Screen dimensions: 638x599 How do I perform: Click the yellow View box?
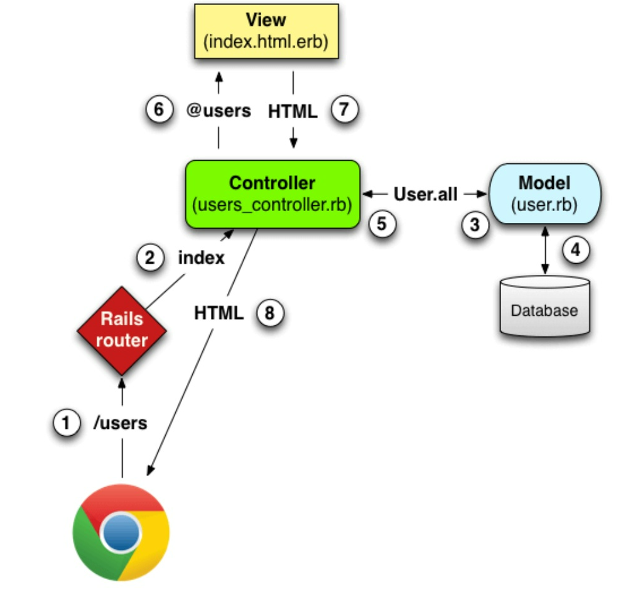[266, 31]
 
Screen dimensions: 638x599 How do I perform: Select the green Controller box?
[273, 194]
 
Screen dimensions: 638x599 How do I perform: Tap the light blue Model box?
[545, 193]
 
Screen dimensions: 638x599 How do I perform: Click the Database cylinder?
[545, 306]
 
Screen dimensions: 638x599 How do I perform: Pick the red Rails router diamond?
[122, 331]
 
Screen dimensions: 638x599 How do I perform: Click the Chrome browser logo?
[121, 532]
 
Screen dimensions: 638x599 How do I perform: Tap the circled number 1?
[67, 423]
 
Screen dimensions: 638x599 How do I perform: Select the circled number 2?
[150, 257]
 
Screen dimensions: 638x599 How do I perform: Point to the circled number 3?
[475, 225]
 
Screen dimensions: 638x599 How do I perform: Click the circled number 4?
[576, 250]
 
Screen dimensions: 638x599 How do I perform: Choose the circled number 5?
[382, 224]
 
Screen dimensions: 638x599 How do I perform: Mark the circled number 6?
[159, 109]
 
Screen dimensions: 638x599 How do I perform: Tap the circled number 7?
[344, 109]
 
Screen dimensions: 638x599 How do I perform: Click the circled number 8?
[270, 313]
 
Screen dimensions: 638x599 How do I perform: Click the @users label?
[219, 111]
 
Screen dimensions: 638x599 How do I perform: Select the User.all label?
[426, 194]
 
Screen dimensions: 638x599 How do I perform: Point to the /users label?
[121, 423]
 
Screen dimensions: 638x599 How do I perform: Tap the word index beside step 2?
[202, 257]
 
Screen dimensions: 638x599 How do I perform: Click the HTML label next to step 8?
[219, 313]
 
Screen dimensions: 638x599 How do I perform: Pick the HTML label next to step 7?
[293, 112]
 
